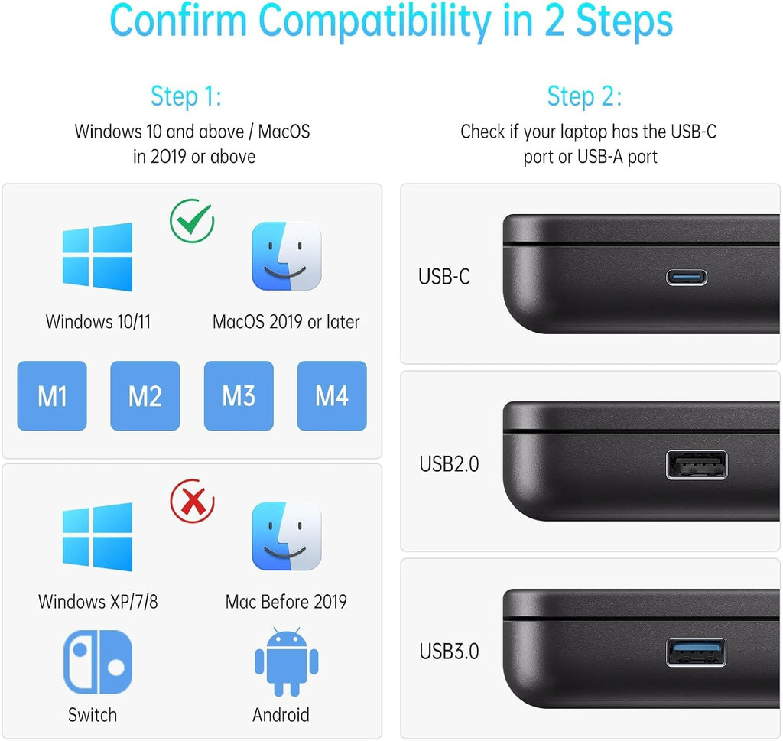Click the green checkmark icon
point(192,221)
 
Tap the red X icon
point(192,501)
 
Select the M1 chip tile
point(52,396)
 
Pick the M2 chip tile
point(145,396)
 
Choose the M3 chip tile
point(239,396)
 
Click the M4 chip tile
point(332,396)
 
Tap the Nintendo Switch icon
point(98,662)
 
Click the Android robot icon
point(287,662)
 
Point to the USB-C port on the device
point(687,277)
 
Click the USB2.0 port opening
point(697,464)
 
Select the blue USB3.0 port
point(697,652)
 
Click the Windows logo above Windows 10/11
point(97,257)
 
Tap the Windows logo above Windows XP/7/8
point(97,537)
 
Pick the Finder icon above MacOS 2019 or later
point(287,256)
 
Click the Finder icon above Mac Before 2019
point(287,536)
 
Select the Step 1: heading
point(187,96)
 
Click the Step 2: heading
point(585,96)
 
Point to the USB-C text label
point(444,277)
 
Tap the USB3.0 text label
point(449,652)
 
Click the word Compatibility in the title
point(375,22)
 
